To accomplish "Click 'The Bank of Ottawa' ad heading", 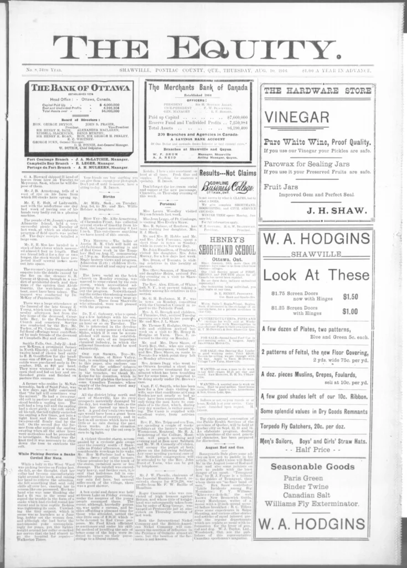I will [x=80, y=88].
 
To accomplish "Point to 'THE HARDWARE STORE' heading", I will [x=316, y=90].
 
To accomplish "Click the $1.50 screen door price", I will [x=350, y=296].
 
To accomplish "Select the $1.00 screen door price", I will [x=350, y=311].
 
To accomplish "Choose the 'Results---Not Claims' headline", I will [x=228, y=173].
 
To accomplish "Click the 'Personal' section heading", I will [x=167, y=204].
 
